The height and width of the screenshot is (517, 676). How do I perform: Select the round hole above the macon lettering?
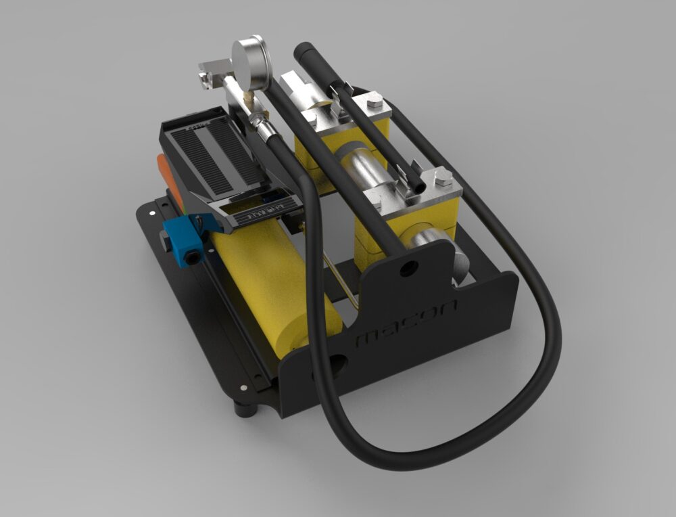click(x=408, y=269)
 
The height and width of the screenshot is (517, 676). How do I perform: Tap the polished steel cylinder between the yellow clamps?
click(x=365, y=166)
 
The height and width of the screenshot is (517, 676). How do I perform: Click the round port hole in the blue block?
click(x=196, y=256)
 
